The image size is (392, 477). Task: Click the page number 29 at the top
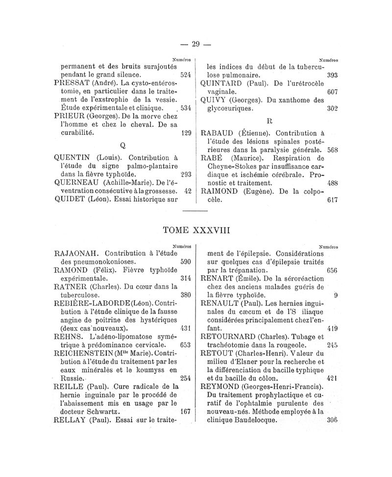[x=196, y=44]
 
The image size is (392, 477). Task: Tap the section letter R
[x=269, y=120]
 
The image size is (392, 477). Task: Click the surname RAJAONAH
[x=77, y=254]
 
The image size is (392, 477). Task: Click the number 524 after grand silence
[x=185, y=75]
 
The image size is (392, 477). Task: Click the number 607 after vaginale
[x=333, y=92]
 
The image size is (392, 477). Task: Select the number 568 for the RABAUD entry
[x=334, y=149]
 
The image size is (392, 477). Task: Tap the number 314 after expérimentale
[x=185, y=278]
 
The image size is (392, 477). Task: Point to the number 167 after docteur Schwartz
[x=185, y=411]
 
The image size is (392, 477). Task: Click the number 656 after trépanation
[x=332, y=270]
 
